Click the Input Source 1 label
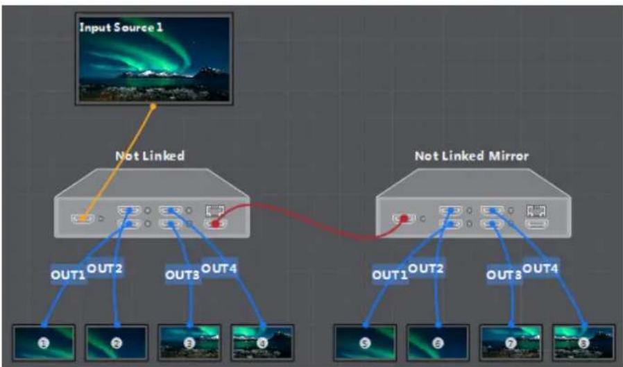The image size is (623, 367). tap(121, 28)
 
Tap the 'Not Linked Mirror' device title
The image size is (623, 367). tap(472, 155)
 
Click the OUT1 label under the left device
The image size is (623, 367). tap(68, 275)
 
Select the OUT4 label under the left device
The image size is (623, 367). tap(219, 268)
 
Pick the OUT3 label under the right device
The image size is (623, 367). tap(504, 275)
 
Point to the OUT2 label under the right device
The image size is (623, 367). tap(425, 268)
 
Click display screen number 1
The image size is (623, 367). tap(44, 343)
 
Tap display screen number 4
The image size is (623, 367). tap(262, 343)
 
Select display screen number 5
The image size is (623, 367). tap(365, 343)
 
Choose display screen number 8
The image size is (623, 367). tap(583, 343)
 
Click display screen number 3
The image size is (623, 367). tap(189, 343)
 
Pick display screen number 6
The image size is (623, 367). tap(438, 343)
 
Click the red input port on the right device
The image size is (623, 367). tap(404, 219)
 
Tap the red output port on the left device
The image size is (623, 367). tap(215, 224)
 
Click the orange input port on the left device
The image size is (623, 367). tap(83, 218)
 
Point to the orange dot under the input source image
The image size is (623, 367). tap(153, 106)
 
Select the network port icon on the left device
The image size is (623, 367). tap(215, 210)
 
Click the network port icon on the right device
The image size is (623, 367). tap(536, 210)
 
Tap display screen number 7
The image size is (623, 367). tap(511, 343)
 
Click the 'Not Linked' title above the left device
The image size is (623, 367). tap(150, 155)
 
